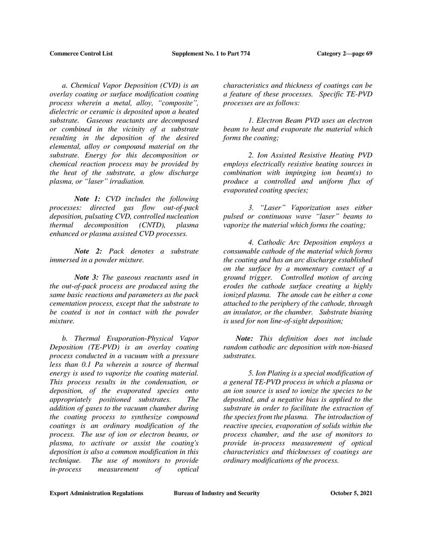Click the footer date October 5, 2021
tap(352, 493)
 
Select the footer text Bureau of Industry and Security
tap(216, 493)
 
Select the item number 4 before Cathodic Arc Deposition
tap(249, 242)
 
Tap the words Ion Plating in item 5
tap(271, 373)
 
